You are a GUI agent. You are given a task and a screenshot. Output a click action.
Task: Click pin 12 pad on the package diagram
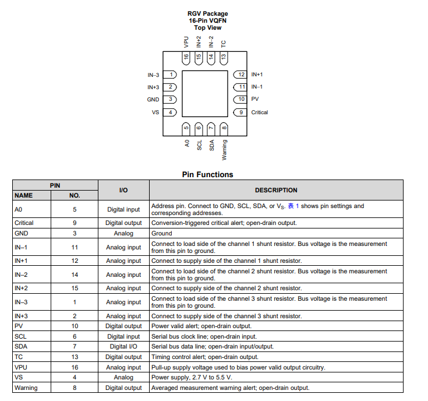coord(241,75)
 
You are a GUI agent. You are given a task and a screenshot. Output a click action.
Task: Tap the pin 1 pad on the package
coord(169,75)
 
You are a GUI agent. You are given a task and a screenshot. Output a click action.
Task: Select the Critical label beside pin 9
coord(260,112)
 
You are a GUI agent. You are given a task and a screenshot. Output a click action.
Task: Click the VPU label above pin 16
coord(186,43)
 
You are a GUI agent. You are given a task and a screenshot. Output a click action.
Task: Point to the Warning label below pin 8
coord(224,150)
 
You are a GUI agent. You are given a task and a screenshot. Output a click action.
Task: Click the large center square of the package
coord(205,93)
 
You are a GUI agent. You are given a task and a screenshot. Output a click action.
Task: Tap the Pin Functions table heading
coord(207,174)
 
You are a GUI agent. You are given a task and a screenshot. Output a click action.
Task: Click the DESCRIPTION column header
coord(276,190)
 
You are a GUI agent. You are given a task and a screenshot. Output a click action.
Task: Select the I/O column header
coord(123,190)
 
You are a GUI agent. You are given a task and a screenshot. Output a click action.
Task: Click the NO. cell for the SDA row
coord(75,346)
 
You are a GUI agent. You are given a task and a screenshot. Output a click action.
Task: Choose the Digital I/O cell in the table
coord(123,346)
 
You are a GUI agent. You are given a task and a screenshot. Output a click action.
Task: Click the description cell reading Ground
coord(162,233)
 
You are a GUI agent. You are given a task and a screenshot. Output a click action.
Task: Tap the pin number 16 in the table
coord(75,367)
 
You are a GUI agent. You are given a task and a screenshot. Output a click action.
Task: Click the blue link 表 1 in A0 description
coord(293,206)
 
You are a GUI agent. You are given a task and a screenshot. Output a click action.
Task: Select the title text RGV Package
coord(207,13)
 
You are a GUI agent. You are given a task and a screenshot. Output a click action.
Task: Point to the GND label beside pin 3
coord(153,100)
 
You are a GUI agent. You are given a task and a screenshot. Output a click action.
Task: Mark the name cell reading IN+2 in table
coord(22,288)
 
